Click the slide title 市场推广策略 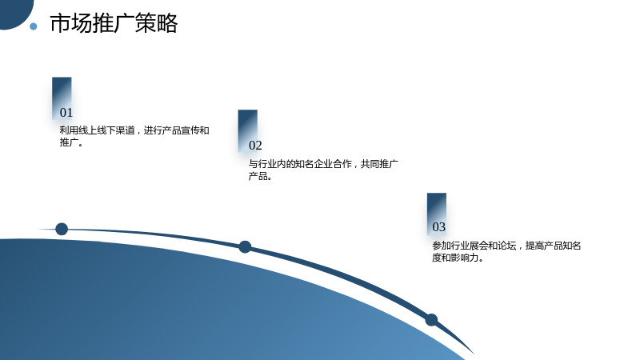pyautogui.click(x=114, y=23)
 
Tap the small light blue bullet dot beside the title pyautogui.click(x=34, y=26)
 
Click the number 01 pyautogui.click(x=66, y=113)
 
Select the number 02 pyautogui.click(x=255, y=146)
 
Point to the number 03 pyautogui.click(x=438, y=227)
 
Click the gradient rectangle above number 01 pyautogui.click(x=62, y=98)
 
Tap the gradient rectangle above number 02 pyautogui.click(x=248, y=130)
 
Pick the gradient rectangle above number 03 pyautogui.click(x=437, y=214)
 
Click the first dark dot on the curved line pyautogui.click(x=62, y=229)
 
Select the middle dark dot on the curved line pyautogui.click(x=245, y=247)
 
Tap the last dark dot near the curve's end pyautogui.click(x=431, y=320)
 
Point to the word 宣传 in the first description pyautogui.click(x=190, y=130)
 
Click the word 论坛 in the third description pyautogui.click(x=507, y=246)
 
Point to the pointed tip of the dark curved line pyautogui.click(x=474, y=354)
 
